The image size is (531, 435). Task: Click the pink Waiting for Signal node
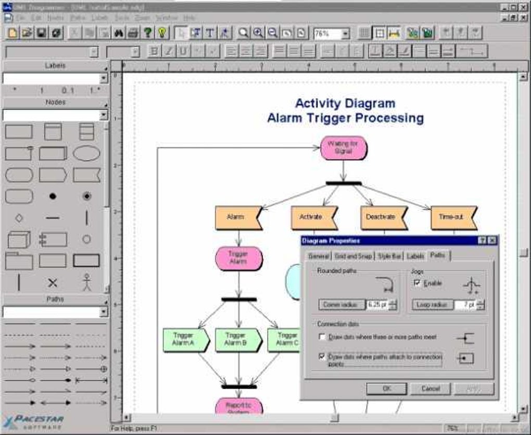coord(344,147)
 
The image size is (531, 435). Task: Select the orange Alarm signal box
coord(237,217)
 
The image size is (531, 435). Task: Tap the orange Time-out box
coord(452,217)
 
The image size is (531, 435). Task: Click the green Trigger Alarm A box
coord(184,339)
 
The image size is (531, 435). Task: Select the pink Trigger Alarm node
coord(238,258)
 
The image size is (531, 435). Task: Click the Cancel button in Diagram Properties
coord(430,389)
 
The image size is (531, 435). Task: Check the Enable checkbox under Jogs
coord(416,283)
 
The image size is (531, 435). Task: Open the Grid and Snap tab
coord(353,256)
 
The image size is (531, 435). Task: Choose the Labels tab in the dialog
coord(415,256)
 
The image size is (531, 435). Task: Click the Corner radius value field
coord(377,305)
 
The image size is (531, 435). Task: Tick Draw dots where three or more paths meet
coord(322,337)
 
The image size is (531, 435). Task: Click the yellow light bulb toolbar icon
coord(162,33)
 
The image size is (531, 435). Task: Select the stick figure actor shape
coord(86,282)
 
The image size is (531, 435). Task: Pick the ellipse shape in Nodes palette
coord(86,153)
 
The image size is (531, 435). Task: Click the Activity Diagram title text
coord(345,103)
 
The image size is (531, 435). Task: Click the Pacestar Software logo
coord(34,420)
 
